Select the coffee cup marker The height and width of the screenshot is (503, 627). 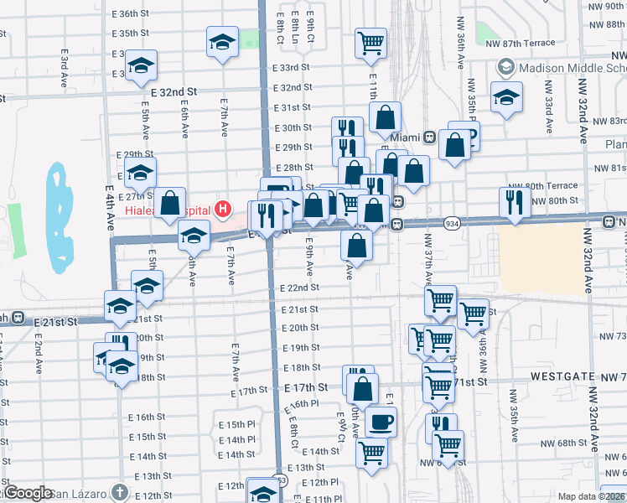pos(381,422)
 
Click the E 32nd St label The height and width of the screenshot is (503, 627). pos(174,91)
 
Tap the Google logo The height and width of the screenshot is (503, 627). pos(28,493)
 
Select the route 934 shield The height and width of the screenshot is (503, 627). pos(452,224)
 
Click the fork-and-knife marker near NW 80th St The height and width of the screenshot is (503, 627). pos(515,202)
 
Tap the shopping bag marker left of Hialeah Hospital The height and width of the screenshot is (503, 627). pos(170,202)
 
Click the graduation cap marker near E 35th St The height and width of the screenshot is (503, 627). pos(222,42)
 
